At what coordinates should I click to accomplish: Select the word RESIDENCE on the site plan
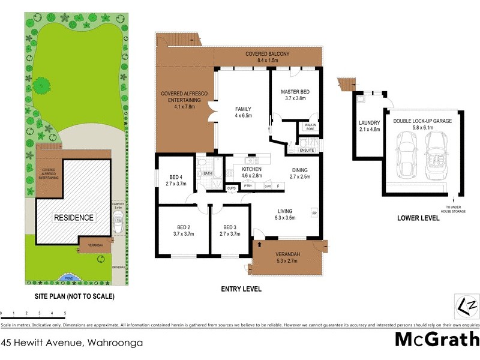click(74, 218)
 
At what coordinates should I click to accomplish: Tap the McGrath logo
click(436, 340)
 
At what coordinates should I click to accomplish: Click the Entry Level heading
click(241, 289)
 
